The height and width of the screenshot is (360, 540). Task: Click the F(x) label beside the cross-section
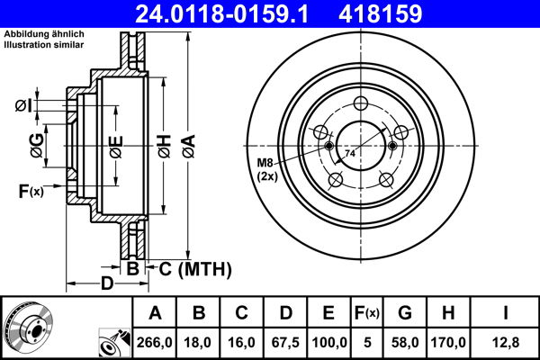[31, 190]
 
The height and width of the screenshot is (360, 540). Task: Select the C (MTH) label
[195, 268]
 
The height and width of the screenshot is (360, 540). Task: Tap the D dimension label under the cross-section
[107, 285]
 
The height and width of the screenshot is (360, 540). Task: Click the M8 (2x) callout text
[267, 168]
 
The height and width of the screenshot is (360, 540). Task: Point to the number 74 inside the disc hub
[349, 155]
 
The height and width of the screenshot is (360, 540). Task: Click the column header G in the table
[404, 313]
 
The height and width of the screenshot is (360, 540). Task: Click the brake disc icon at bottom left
[28, 327]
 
